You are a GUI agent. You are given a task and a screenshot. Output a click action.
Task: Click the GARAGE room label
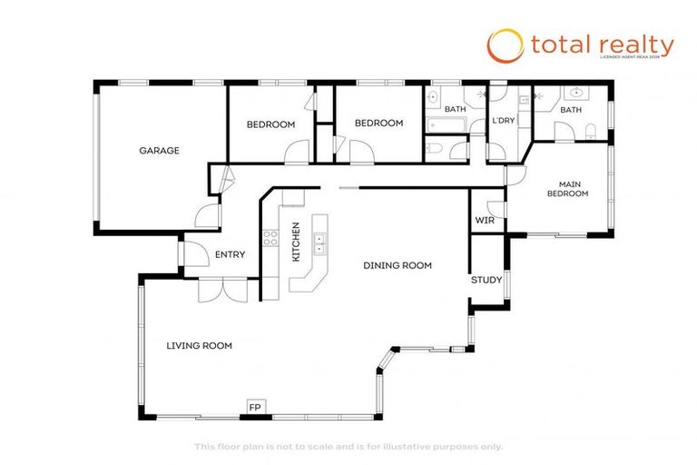(159, 151)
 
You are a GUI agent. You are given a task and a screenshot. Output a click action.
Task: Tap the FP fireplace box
(255, 408)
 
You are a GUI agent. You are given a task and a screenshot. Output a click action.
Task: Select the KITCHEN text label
(295, 242)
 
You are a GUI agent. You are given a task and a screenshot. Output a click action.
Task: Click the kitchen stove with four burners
(270, 239)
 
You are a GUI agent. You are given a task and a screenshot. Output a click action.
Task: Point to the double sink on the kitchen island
(319, 242)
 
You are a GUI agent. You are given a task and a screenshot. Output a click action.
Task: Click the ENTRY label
(230, 254)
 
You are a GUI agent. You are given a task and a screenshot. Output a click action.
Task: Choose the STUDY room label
(486, 280)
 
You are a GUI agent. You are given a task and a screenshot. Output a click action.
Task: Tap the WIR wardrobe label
(484, 220)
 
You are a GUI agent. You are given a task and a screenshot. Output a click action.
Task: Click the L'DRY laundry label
(504, 121)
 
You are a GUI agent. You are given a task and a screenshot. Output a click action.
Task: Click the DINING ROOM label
(398, 265)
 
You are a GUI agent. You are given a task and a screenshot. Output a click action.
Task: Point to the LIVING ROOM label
(199, 345)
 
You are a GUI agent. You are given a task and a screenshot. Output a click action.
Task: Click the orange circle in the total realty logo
(505, 45)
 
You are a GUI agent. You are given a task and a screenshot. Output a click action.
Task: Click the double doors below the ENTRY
(221, 288)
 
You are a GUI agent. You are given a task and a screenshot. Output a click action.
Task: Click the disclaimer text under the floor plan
(348, 446)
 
